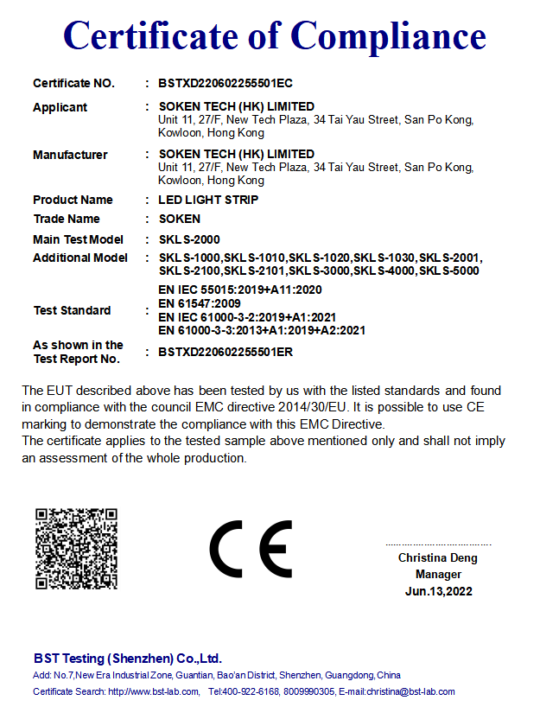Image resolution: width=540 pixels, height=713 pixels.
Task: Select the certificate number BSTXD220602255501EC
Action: pyautogui.click(x=226, y=84)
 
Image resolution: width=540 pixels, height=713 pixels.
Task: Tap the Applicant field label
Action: pyautogui.click(x=60, y=107)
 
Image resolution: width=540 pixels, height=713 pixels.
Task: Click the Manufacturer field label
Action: pyautogui.click(x=70, y=155)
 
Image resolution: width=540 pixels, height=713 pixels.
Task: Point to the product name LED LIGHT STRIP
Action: pyautogui.click(x=208, y=200)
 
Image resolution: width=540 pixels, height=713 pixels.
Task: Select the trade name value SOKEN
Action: pyautogui.click(x=180, y=219)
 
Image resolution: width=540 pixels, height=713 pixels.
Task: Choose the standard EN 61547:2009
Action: pyautogui.click(x=200, y=303)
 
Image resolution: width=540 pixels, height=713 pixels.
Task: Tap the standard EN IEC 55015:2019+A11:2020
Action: pyautogui.click(x=240, y=290)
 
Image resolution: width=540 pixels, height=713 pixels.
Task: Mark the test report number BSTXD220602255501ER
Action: pyautogui.click(x=226, y=352)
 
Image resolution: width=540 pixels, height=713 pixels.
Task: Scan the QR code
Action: pyautogui.click(x=76, y=549)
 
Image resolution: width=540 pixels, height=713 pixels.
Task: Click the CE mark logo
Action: pyautogui.click(x=251, y=549)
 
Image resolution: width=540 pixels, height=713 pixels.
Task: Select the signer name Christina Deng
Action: pyautogui.click(x=437, y=558)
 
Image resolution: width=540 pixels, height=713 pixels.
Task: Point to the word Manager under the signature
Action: pyautogui.click(x=438, y=575)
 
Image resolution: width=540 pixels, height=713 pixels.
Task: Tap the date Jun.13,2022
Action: pyautogui.click(x=438, y=592)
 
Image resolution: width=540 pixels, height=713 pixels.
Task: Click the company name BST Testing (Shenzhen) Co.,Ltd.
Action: pyautogui.click(x=128, y=658)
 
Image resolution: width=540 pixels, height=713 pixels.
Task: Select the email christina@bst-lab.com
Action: pyautogui.click(x=410, y=692)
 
